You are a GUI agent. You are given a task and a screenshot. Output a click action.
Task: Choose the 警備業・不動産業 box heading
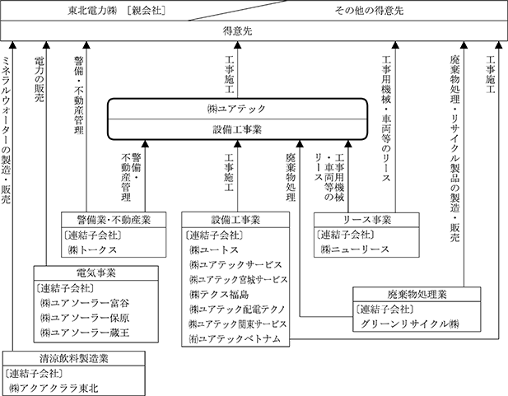pos(114,220)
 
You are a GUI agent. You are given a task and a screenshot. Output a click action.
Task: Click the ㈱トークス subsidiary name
pos(93,249)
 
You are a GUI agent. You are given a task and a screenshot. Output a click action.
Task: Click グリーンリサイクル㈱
pos(409,324)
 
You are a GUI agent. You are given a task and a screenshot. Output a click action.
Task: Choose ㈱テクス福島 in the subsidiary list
pos(220,293)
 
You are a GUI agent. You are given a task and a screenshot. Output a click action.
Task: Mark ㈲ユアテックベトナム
pos(235,338)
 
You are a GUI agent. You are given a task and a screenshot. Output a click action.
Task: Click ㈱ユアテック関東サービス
pos(238,324)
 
